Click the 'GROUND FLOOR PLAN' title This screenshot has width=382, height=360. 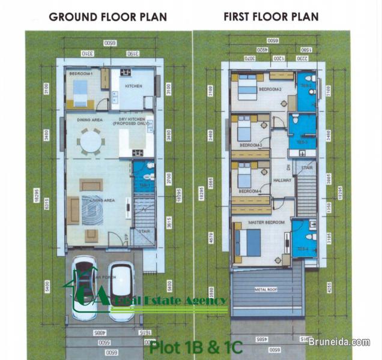point(108,16)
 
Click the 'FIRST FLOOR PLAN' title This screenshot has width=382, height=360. point(271,16)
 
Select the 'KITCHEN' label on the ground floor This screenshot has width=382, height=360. point(133,86)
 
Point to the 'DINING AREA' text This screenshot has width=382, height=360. point(89,120)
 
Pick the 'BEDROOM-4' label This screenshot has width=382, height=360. point(250,191)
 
